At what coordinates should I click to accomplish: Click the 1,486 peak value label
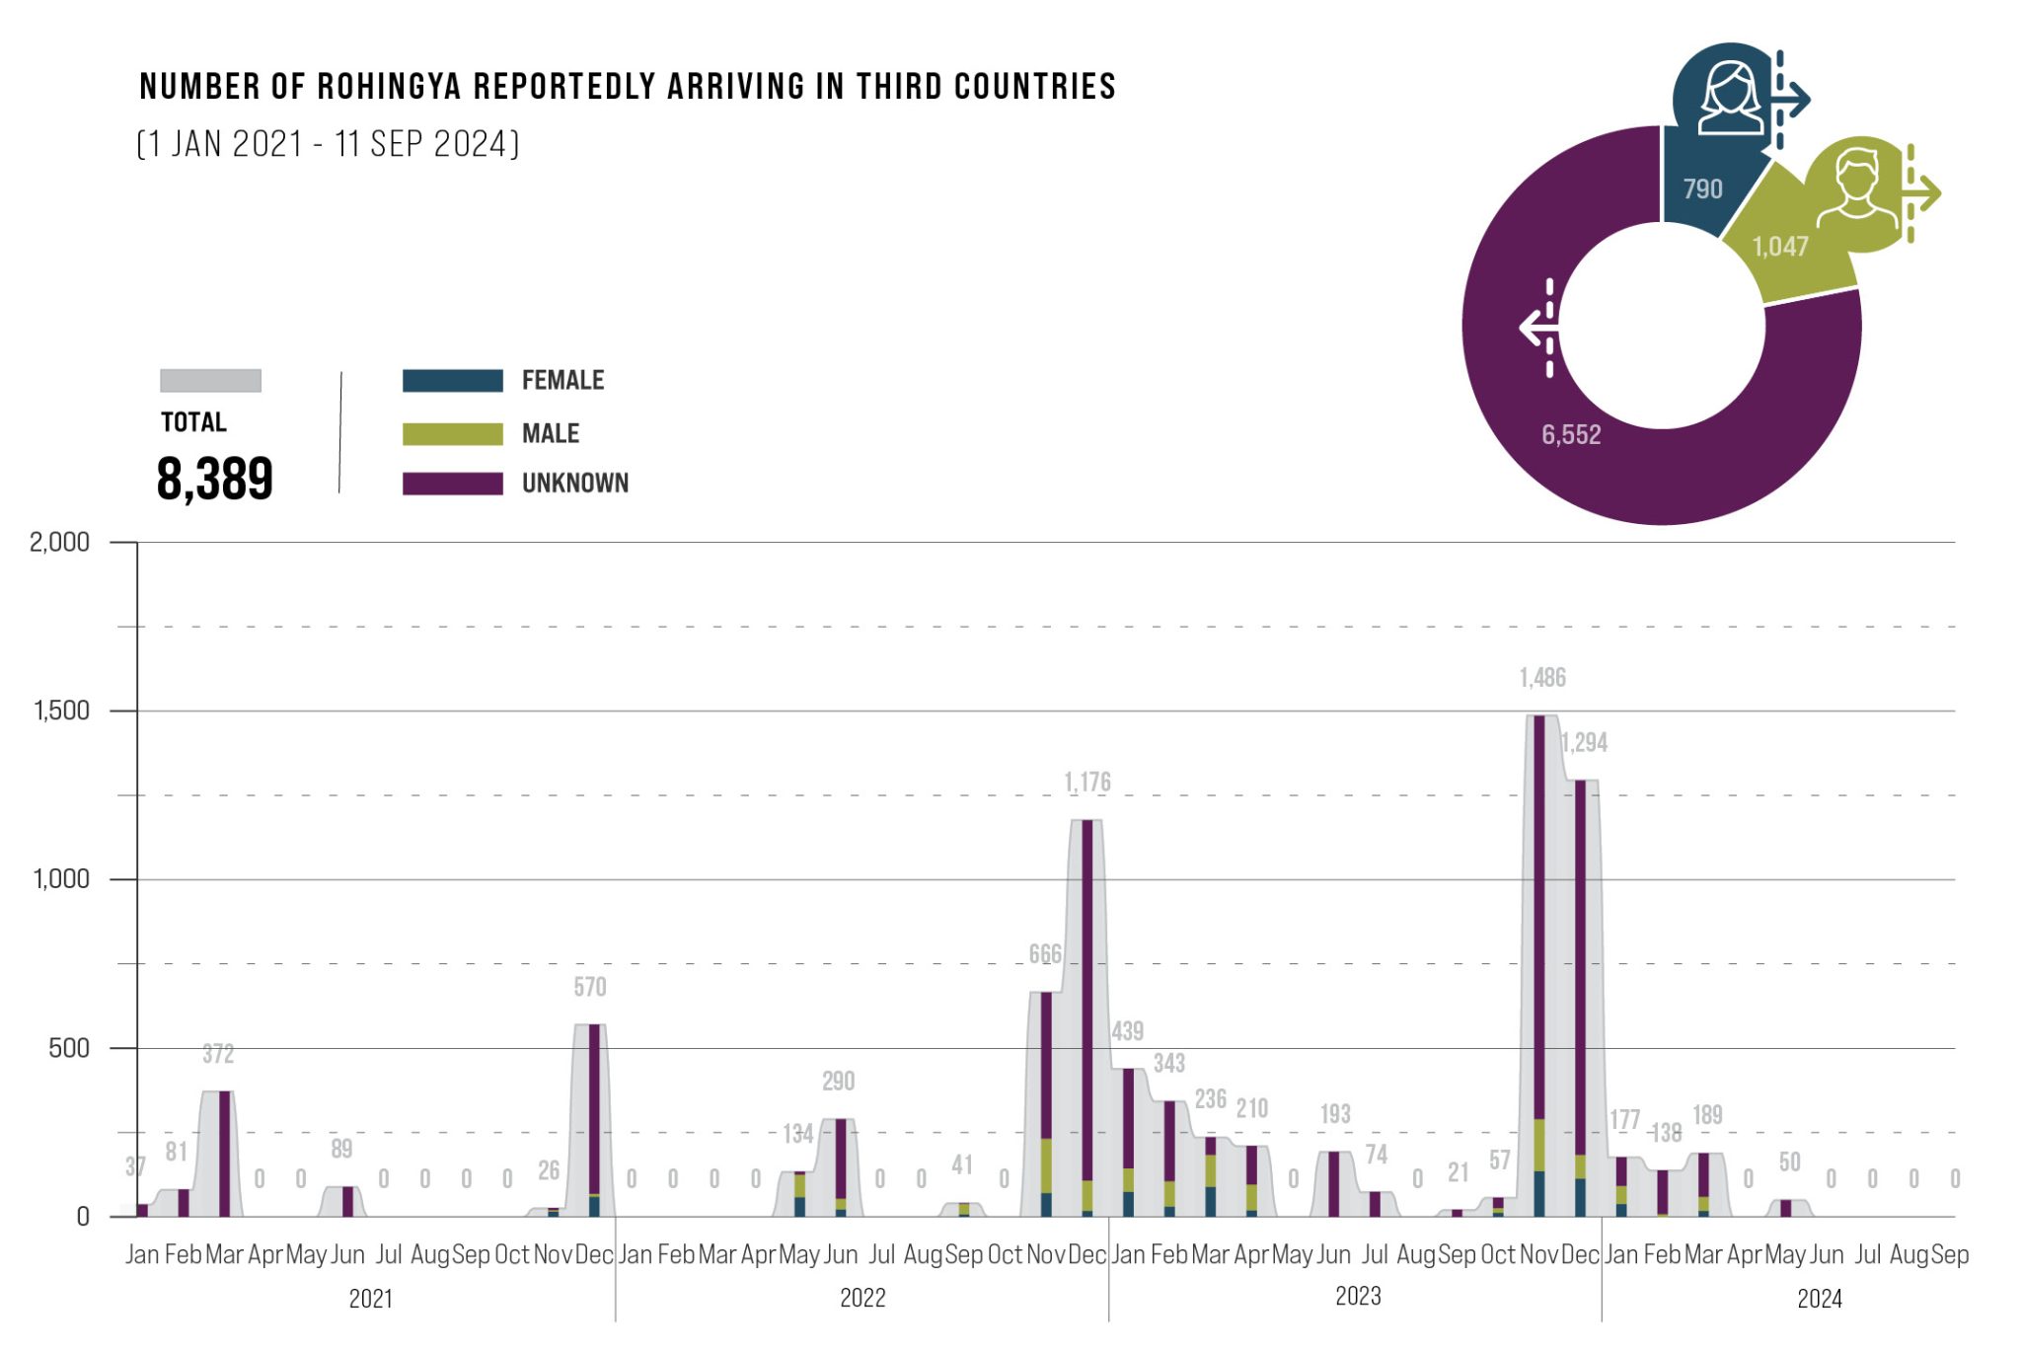[1542, 678]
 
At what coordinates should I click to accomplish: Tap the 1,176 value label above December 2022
[1087, 783]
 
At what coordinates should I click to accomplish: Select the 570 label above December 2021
[590, 987]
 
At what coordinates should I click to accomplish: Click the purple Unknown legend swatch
[452, 484]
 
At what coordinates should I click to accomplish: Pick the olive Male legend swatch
[452, 434]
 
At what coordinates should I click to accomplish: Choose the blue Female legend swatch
[452, 381]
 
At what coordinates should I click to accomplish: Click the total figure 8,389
[214, 480]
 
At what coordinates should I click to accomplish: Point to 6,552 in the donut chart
[1571, 435]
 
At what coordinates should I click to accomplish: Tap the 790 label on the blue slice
[1702, 188]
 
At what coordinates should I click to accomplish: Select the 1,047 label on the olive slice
[1780, 247]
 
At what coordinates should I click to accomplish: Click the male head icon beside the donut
[1857, 188]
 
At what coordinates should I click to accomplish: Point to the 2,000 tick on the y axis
[59, 543]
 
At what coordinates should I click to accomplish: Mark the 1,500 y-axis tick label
[61, 711]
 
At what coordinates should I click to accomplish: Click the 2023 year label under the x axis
[1358, 1297]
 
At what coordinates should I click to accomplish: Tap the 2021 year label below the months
[371, 1299]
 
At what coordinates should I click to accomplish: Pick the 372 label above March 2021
[218, 1054]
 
